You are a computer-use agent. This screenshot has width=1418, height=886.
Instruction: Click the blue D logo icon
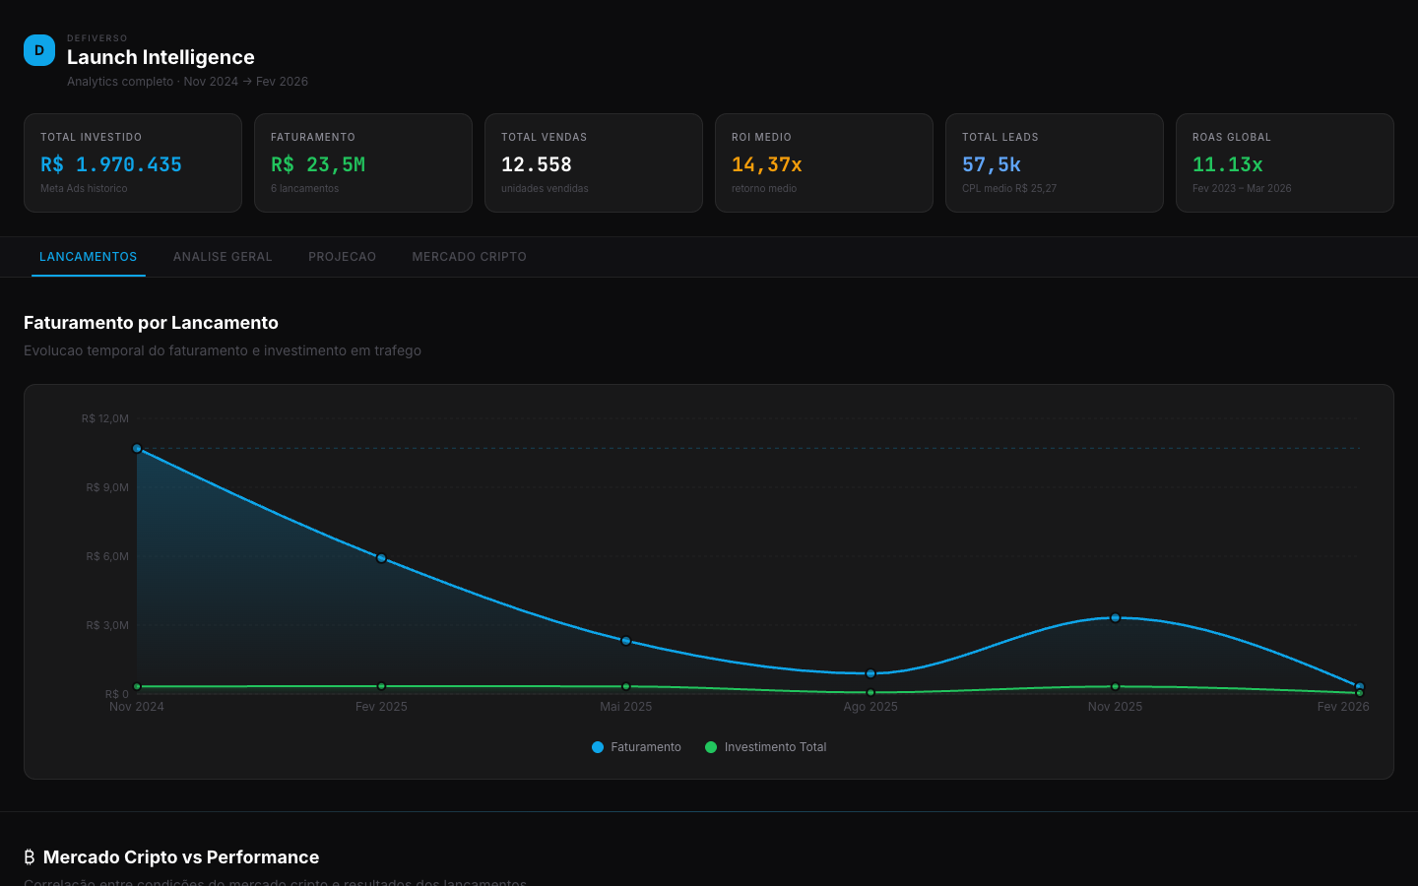pyautogui.click(x=39, y=50)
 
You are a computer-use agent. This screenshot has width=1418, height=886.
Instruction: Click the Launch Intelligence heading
pyautogui.click(x=161, y=57)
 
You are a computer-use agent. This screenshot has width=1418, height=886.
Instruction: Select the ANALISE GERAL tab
pyautogui.click(x=223, y=257)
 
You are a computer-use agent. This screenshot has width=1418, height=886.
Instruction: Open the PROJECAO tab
pyautogui.click(x=342, y=257)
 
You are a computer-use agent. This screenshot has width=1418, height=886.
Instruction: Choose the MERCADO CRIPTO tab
pyautogui.click(x=469, y=257)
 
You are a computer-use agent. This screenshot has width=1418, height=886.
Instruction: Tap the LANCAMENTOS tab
pyautogui.click(x=89, y=257)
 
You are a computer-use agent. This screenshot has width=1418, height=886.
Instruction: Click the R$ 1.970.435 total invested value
pyautogui.click(x=111, y=164)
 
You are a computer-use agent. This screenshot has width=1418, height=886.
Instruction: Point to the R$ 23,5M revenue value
pyautogui.click(x=318, y=164)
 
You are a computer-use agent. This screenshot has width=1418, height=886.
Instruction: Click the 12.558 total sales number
pyautogui.click(x=537, y=164)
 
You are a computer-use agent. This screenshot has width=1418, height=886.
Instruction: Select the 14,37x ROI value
pyautogui.click(x=767, y=164)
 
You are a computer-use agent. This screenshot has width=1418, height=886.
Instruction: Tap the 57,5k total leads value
pyautogui.click(x=992, y=164)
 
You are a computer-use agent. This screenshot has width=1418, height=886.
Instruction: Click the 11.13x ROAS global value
pyautogui.click(x=1228, y=164)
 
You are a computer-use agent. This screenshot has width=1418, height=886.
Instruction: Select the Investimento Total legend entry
pyautogui.click(x=766, y=747)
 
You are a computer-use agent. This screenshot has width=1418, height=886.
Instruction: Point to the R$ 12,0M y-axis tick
pyautogui.click(x=105, y=418)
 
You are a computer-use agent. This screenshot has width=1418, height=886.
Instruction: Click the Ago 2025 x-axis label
pyautogui.click(x=870, y=707)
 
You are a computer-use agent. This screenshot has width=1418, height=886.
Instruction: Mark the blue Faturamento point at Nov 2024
pyautogui.click(x=137, y=449)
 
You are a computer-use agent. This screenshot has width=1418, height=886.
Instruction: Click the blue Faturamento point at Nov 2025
pyautogui.click(x=1115, y=618)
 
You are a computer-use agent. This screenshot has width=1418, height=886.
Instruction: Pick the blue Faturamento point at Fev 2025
pyautogui.click(x=381, y=558)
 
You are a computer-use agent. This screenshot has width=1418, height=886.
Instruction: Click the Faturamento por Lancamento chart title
pyautogui.click(x=151, y=323)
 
